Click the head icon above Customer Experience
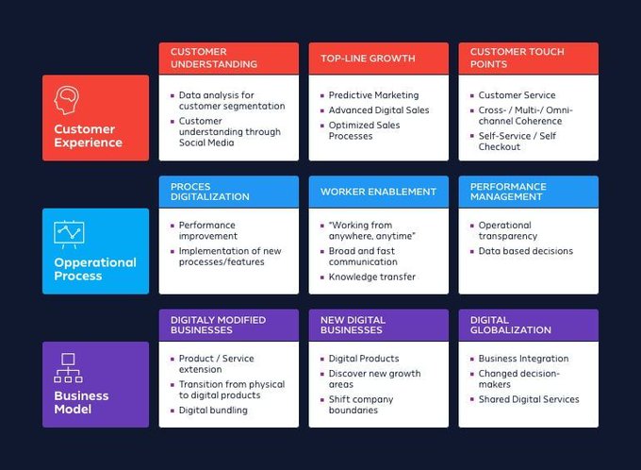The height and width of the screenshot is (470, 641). (67, 99)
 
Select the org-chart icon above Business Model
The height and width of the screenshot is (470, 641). (67, 366)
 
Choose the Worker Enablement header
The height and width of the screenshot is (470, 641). (378, 192)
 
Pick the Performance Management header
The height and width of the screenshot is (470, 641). (508, 192)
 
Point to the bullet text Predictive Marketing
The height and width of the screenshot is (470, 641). (373, 95)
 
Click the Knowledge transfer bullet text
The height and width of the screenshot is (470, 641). (371, 277)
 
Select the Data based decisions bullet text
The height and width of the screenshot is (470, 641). (525, 251)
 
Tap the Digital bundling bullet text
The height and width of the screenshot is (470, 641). (214, 411)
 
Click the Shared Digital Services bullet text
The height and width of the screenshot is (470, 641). (528, 399)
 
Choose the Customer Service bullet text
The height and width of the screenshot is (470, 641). (517, 95)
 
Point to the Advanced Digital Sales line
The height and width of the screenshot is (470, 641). (378, 110)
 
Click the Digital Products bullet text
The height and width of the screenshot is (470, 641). (363, 359)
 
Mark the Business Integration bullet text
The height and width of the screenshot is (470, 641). (523, 359)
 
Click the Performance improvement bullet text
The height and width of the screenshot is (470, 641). (208, 231)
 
